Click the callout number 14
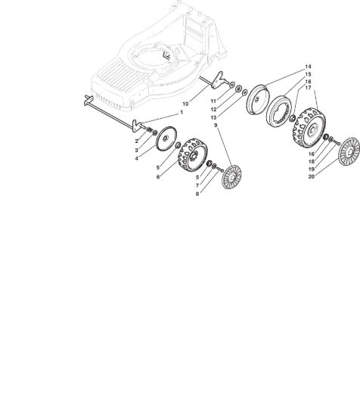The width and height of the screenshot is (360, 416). [x=308, y=67]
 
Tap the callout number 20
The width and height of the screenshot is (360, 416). [x=311, y=176]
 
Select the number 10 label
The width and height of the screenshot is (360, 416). [x=185, y=104]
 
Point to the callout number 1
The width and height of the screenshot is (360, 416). [x=182, y=113]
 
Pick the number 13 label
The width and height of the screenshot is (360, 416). [x=213, y=117]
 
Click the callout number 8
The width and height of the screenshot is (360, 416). [x=197, y=194]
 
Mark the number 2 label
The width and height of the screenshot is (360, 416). [x=137, y=141]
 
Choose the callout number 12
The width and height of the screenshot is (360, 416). [x=213, y=110]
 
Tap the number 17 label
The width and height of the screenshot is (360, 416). [x=308, y=88]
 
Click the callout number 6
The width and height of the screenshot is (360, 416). [x=158, y=177]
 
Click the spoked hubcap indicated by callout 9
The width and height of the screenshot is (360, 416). [x=231, y=177]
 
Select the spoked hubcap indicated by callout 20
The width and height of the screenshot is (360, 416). [x=349, y=152]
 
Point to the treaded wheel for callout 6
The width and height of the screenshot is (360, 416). [x=193, y=155]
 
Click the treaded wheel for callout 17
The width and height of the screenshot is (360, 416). [x=309, y=128]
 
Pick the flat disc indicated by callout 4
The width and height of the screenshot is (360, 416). [x=166, y=138]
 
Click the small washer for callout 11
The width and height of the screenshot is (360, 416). [x=232, y=85]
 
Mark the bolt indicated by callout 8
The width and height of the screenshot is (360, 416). [x=220, y=169]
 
